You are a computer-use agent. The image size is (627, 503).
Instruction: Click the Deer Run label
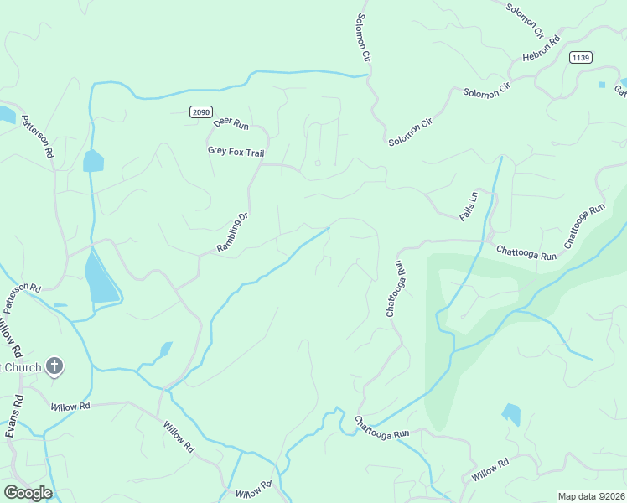click(x=231, y=123)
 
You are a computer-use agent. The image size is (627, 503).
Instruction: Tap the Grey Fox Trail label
click(x=236, y=152)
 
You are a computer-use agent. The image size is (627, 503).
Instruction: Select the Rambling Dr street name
click(x=233, y=233)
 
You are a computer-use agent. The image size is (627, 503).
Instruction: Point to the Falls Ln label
click(x=468, y=206)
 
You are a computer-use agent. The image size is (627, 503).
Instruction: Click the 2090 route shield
click(x=200, y=111)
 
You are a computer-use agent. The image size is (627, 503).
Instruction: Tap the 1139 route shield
click(x=580, y=57)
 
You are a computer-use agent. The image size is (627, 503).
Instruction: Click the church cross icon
click(x=55, y=366)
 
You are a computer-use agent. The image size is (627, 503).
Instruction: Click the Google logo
click(x=28, y=493)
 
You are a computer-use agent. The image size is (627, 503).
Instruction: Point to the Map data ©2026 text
click(x=591, y=496)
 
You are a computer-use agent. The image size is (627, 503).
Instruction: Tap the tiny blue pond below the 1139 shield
click(x=601, y=85)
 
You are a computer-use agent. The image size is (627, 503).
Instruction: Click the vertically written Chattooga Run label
click(x=396, y=288)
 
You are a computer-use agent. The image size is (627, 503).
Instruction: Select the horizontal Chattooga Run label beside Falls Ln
click(x=526, y=251)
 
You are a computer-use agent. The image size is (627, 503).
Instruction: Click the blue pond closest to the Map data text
click(x=510, y=413)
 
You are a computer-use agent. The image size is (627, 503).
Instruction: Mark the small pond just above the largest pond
click(x=93, y=161)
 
